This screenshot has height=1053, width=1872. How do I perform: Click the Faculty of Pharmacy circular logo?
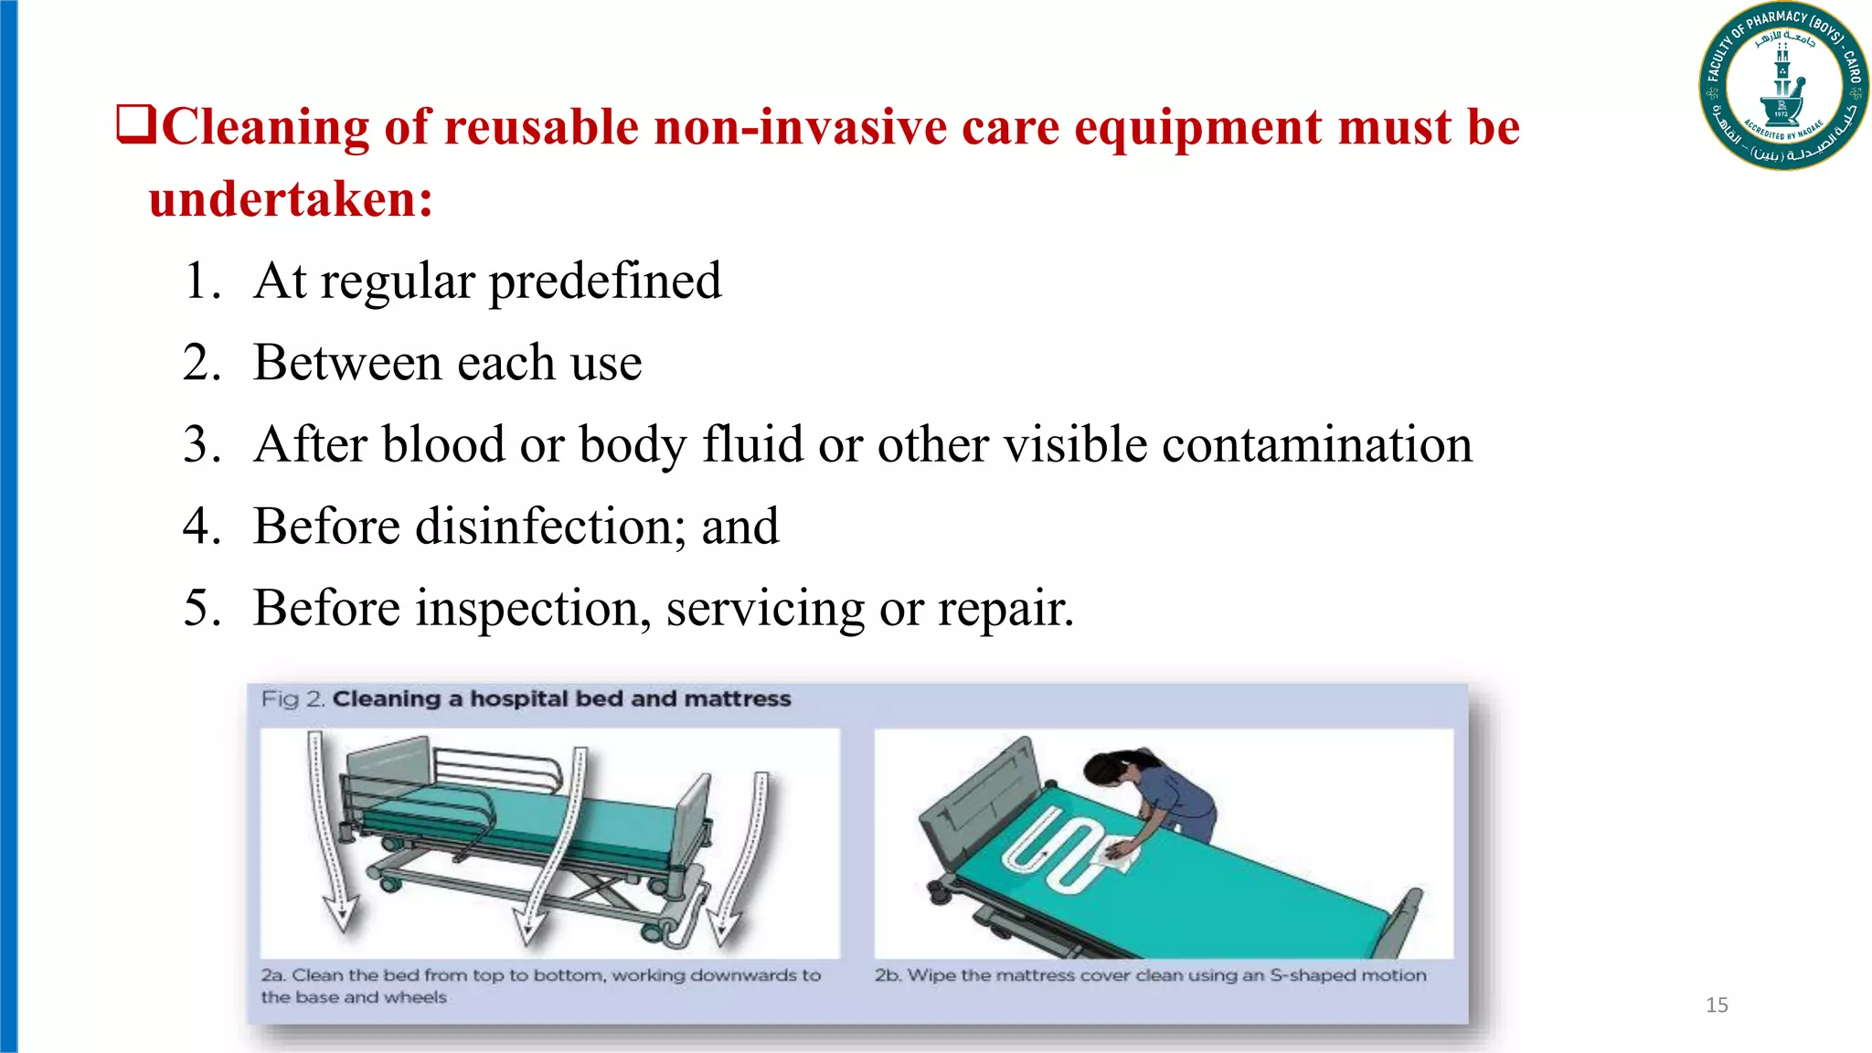pyautogui.click(x=1782, y=87)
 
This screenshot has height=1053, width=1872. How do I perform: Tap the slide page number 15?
pyautogui.click(x=1717, y=1005)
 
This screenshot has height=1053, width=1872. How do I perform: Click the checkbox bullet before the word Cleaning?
pyautogui.click(x=136, y=124)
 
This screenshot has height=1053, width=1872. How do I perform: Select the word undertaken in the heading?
pyautogui.click(x=291, y=199)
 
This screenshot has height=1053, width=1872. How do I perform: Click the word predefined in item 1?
pyautogui.click(x=605, y=282)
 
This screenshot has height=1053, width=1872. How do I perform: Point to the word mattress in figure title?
pyautogui.click(x=737, y=699)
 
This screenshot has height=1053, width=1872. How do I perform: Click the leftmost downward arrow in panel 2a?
pyautogui.click(x=329, y=832)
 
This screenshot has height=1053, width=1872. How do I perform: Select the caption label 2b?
pyautogui.click(x=887, y=975)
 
